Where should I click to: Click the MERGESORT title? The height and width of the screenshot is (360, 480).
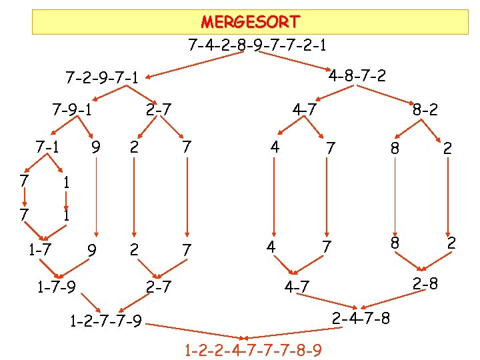coord(250,22)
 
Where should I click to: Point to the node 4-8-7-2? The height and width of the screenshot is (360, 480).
coord(357,75)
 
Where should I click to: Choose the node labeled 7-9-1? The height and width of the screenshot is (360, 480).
coord(73,109)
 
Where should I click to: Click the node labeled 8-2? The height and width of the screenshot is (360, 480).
coord(425,109)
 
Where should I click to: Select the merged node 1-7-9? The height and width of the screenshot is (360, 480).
coord(55,287)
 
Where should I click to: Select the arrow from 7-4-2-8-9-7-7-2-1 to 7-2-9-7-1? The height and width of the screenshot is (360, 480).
coord(200,63)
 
